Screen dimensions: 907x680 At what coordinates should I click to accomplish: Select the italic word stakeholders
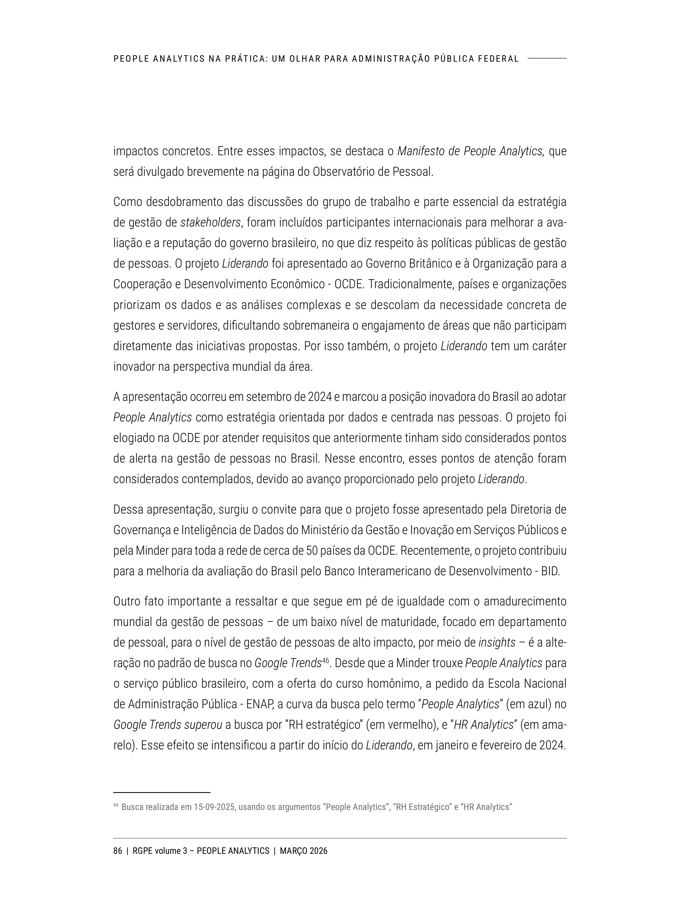pos(210,223)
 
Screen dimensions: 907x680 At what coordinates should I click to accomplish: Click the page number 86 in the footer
pos(118,851)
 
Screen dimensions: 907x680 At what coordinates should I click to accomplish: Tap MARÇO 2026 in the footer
pos(303,851)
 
